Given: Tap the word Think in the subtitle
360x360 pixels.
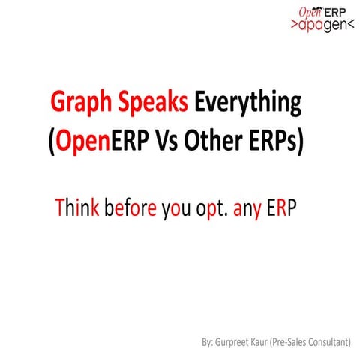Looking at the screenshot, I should (77, 206).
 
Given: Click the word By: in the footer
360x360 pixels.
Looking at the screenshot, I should (208, 343).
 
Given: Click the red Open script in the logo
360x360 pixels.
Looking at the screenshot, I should (310, 11).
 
